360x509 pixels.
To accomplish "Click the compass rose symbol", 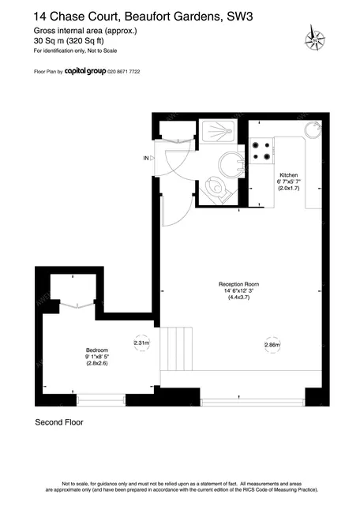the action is (x=314, y=39).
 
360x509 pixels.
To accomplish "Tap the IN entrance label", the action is (x=146, y=158).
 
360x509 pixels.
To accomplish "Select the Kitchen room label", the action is (x=289, y=175).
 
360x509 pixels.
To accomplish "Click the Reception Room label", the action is (x=238, y=284).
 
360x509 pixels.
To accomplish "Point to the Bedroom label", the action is (x=97, y=350).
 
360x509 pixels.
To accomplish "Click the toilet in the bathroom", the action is (x=216, y=189).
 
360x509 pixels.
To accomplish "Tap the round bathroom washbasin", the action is (x=231, y=164).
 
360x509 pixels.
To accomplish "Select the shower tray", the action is (x=217, y=132).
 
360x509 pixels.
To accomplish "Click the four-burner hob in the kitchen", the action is (x=261, y=151).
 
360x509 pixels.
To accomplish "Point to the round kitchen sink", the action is (x=313, y=129).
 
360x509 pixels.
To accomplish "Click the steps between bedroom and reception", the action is (x=176, y=349).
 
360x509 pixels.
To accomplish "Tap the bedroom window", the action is (x=101, y=400).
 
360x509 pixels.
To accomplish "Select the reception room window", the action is (x=253, y=402).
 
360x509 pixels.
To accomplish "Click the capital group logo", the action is (x=85, y=71).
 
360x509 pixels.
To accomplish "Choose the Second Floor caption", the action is (x=59, y=422).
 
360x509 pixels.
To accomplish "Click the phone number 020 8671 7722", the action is (x=124, y=71).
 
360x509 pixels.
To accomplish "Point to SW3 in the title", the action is (x=239, y=17).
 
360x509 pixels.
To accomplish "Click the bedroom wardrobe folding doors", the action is (x=77, y=305).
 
